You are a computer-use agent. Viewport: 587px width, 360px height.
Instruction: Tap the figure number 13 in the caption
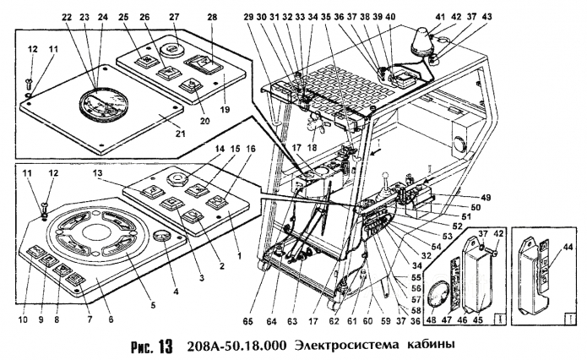click(x=164, y=346)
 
